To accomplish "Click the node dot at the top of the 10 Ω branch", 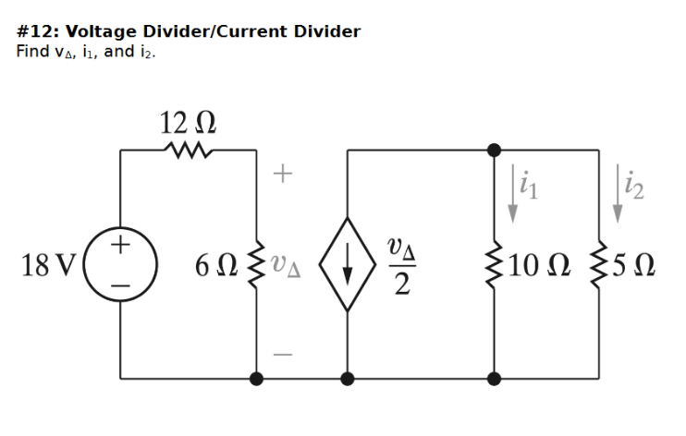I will (x=495, y=149).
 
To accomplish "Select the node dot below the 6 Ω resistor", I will (x=256, y=378).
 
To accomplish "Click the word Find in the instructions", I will (x=32, y=51).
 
